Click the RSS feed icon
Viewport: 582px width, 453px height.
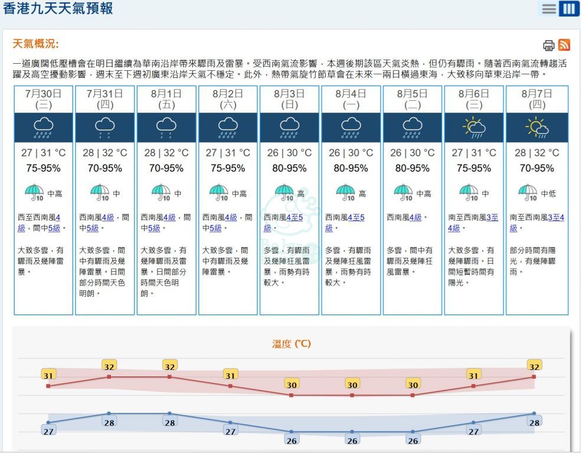click(x=564, y=45)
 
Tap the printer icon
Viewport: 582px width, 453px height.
click(x=548, y=45)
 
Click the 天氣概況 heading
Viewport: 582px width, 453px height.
click(x=36, y=44)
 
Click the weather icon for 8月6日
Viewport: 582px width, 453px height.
click(x=473, y=127)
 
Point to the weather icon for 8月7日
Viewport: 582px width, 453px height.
click(x=537, y=127)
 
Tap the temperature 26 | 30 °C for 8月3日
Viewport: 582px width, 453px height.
click(x=289, y=153)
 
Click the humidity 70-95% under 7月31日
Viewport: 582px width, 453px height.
click(x=104, y=168)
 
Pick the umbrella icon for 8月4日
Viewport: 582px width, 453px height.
click(x=345, y=192)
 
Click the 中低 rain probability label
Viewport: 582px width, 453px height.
click(x=548, y=193)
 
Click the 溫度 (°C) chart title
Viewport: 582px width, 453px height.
click(x=291, y=343)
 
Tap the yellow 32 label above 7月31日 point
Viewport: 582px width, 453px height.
click(x=109, y=366)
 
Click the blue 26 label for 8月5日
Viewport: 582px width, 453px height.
click(x=413, y=440)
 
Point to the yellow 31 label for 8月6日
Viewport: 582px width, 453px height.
click(x=473, y=375)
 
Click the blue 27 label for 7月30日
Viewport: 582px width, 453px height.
click(x=48, y=431)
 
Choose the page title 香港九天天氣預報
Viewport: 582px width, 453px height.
click(x=58, y=9)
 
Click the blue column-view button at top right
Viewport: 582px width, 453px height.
click(x=569, y=9)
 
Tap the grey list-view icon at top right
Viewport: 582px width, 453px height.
click(x=549, y=9)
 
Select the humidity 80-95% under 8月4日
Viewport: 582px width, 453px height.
click(x=351, y=168)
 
